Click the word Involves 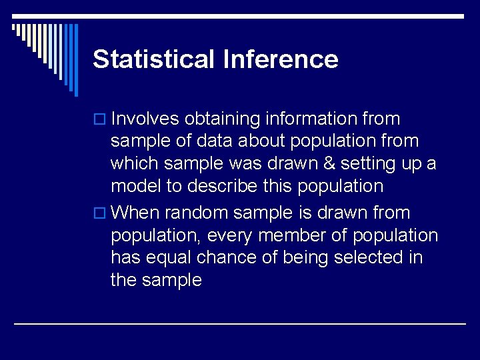click(145, 119)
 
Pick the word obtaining click(222, 119)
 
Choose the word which click(133, 163)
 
